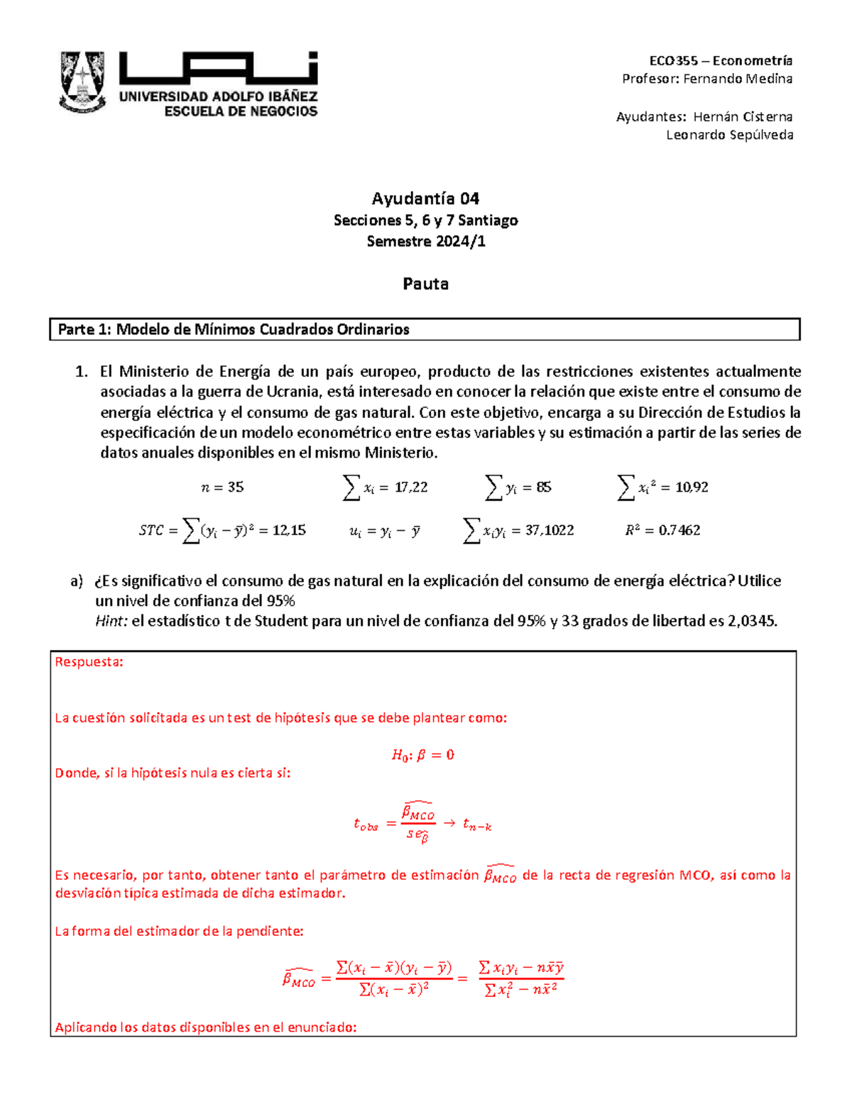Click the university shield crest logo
click(83, 82)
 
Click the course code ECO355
click(674, 61)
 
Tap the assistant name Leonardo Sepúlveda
click(729, 135)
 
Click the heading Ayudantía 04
click(425, 198)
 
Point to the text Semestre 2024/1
click(425, 241)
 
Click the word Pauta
click(425, 284)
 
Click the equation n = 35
click(222, 487)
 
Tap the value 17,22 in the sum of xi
click(411, 487)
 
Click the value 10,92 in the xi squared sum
click(692, 487)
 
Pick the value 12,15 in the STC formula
click(289, 530)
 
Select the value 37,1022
click(550, 530)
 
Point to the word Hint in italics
click(111, 622)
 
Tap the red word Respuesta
click(89, 662)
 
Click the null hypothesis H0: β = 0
click(423, 755)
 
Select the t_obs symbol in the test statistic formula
click(366, 825)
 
